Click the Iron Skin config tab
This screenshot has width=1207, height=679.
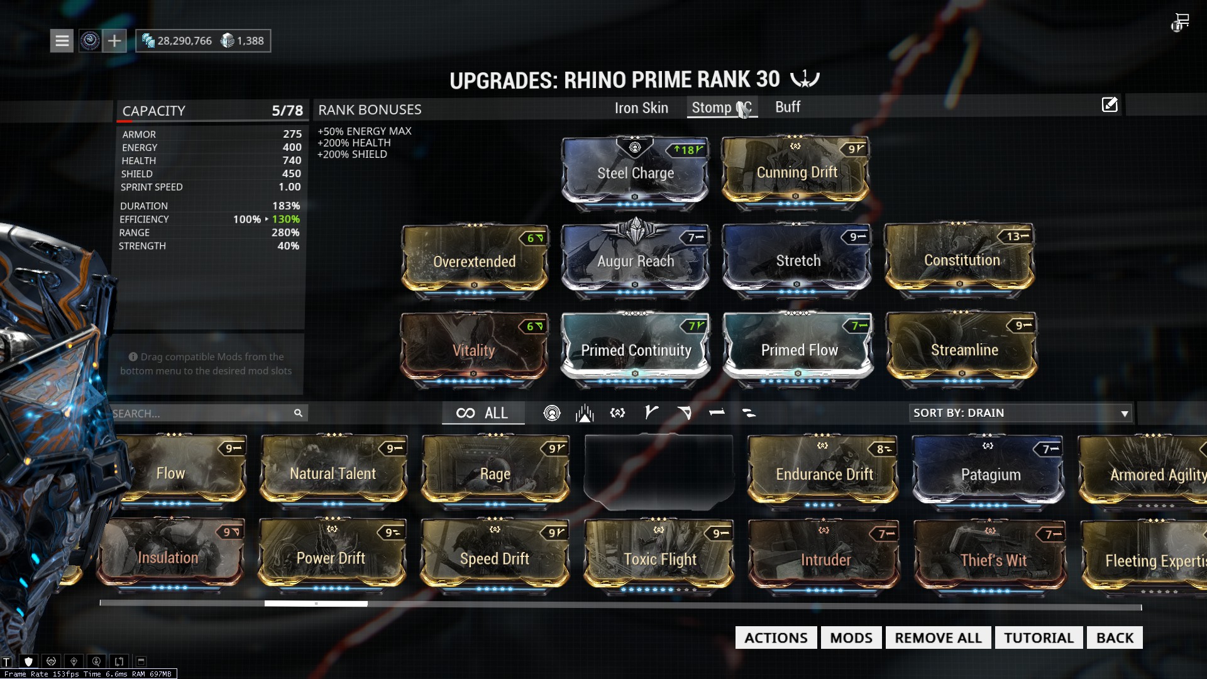click(641, 108)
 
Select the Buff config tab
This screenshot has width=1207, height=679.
click(787, 108)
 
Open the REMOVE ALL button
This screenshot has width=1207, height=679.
click(938, 638)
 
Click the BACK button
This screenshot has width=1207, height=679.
click(1115, 638)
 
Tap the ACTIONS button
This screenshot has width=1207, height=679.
click(776, 638)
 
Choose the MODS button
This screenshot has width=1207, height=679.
click(851, 638)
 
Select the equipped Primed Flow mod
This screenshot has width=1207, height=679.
click(798, 350)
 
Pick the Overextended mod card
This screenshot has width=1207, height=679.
click(474, 261)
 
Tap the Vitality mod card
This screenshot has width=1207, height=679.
click(473, 350)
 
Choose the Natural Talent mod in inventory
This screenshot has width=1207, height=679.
click(333, 473)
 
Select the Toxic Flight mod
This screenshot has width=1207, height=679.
click(659, 559)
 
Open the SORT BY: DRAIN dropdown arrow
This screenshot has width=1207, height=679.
click(1124, 413)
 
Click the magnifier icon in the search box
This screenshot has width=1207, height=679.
click(298, 413)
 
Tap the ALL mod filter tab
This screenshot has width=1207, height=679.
click(483, 413)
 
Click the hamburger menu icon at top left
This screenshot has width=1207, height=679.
click(62, 41)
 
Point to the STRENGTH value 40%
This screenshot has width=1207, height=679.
click(288, 246)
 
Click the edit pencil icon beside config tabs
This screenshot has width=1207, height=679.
click(1110, 105)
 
